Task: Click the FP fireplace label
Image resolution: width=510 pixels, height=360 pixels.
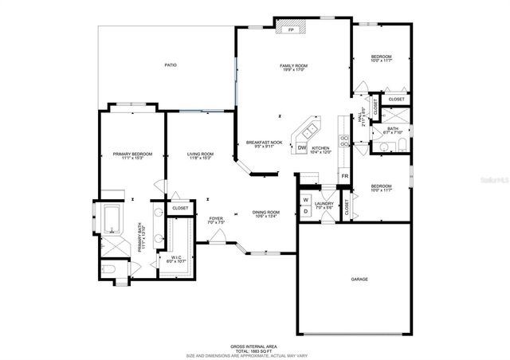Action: [x=291, y=30]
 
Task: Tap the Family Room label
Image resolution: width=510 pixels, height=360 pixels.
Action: [x=293, y=67]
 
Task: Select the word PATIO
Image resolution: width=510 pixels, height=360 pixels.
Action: [x=171, y=65]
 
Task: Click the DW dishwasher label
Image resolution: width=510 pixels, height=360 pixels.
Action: [x=302, y=148]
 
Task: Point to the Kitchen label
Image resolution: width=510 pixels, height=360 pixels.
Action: [x=320, y=150]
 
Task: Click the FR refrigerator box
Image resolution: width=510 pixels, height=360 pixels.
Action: [x=345, y=176]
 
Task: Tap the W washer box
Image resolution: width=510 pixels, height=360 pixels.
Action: [x=304, y=199]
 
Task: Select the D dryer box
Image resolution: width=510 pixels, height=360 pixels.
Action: [x=304, y=210]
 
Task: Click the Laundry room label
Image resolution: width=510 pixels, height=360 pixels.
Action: [x=324, y=205]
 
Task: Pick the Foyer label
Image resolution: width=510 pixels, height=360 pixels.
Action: [x=216, y=220]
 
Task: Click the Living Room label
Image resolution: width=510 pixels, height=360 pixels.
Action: [x=200, y=156]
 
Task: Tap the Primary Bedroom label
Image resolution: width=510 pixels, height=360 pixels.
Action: [x=131, y=156]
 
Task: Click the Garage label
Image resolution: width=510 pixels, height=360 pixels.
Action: [x=359, y=279]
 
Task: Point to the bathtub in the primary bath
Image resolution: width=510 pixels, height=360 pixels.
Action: [x=111, y=217]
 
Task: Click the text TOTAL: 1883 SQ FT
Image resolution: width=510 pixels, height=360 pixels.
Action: [x=254, y=350]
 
